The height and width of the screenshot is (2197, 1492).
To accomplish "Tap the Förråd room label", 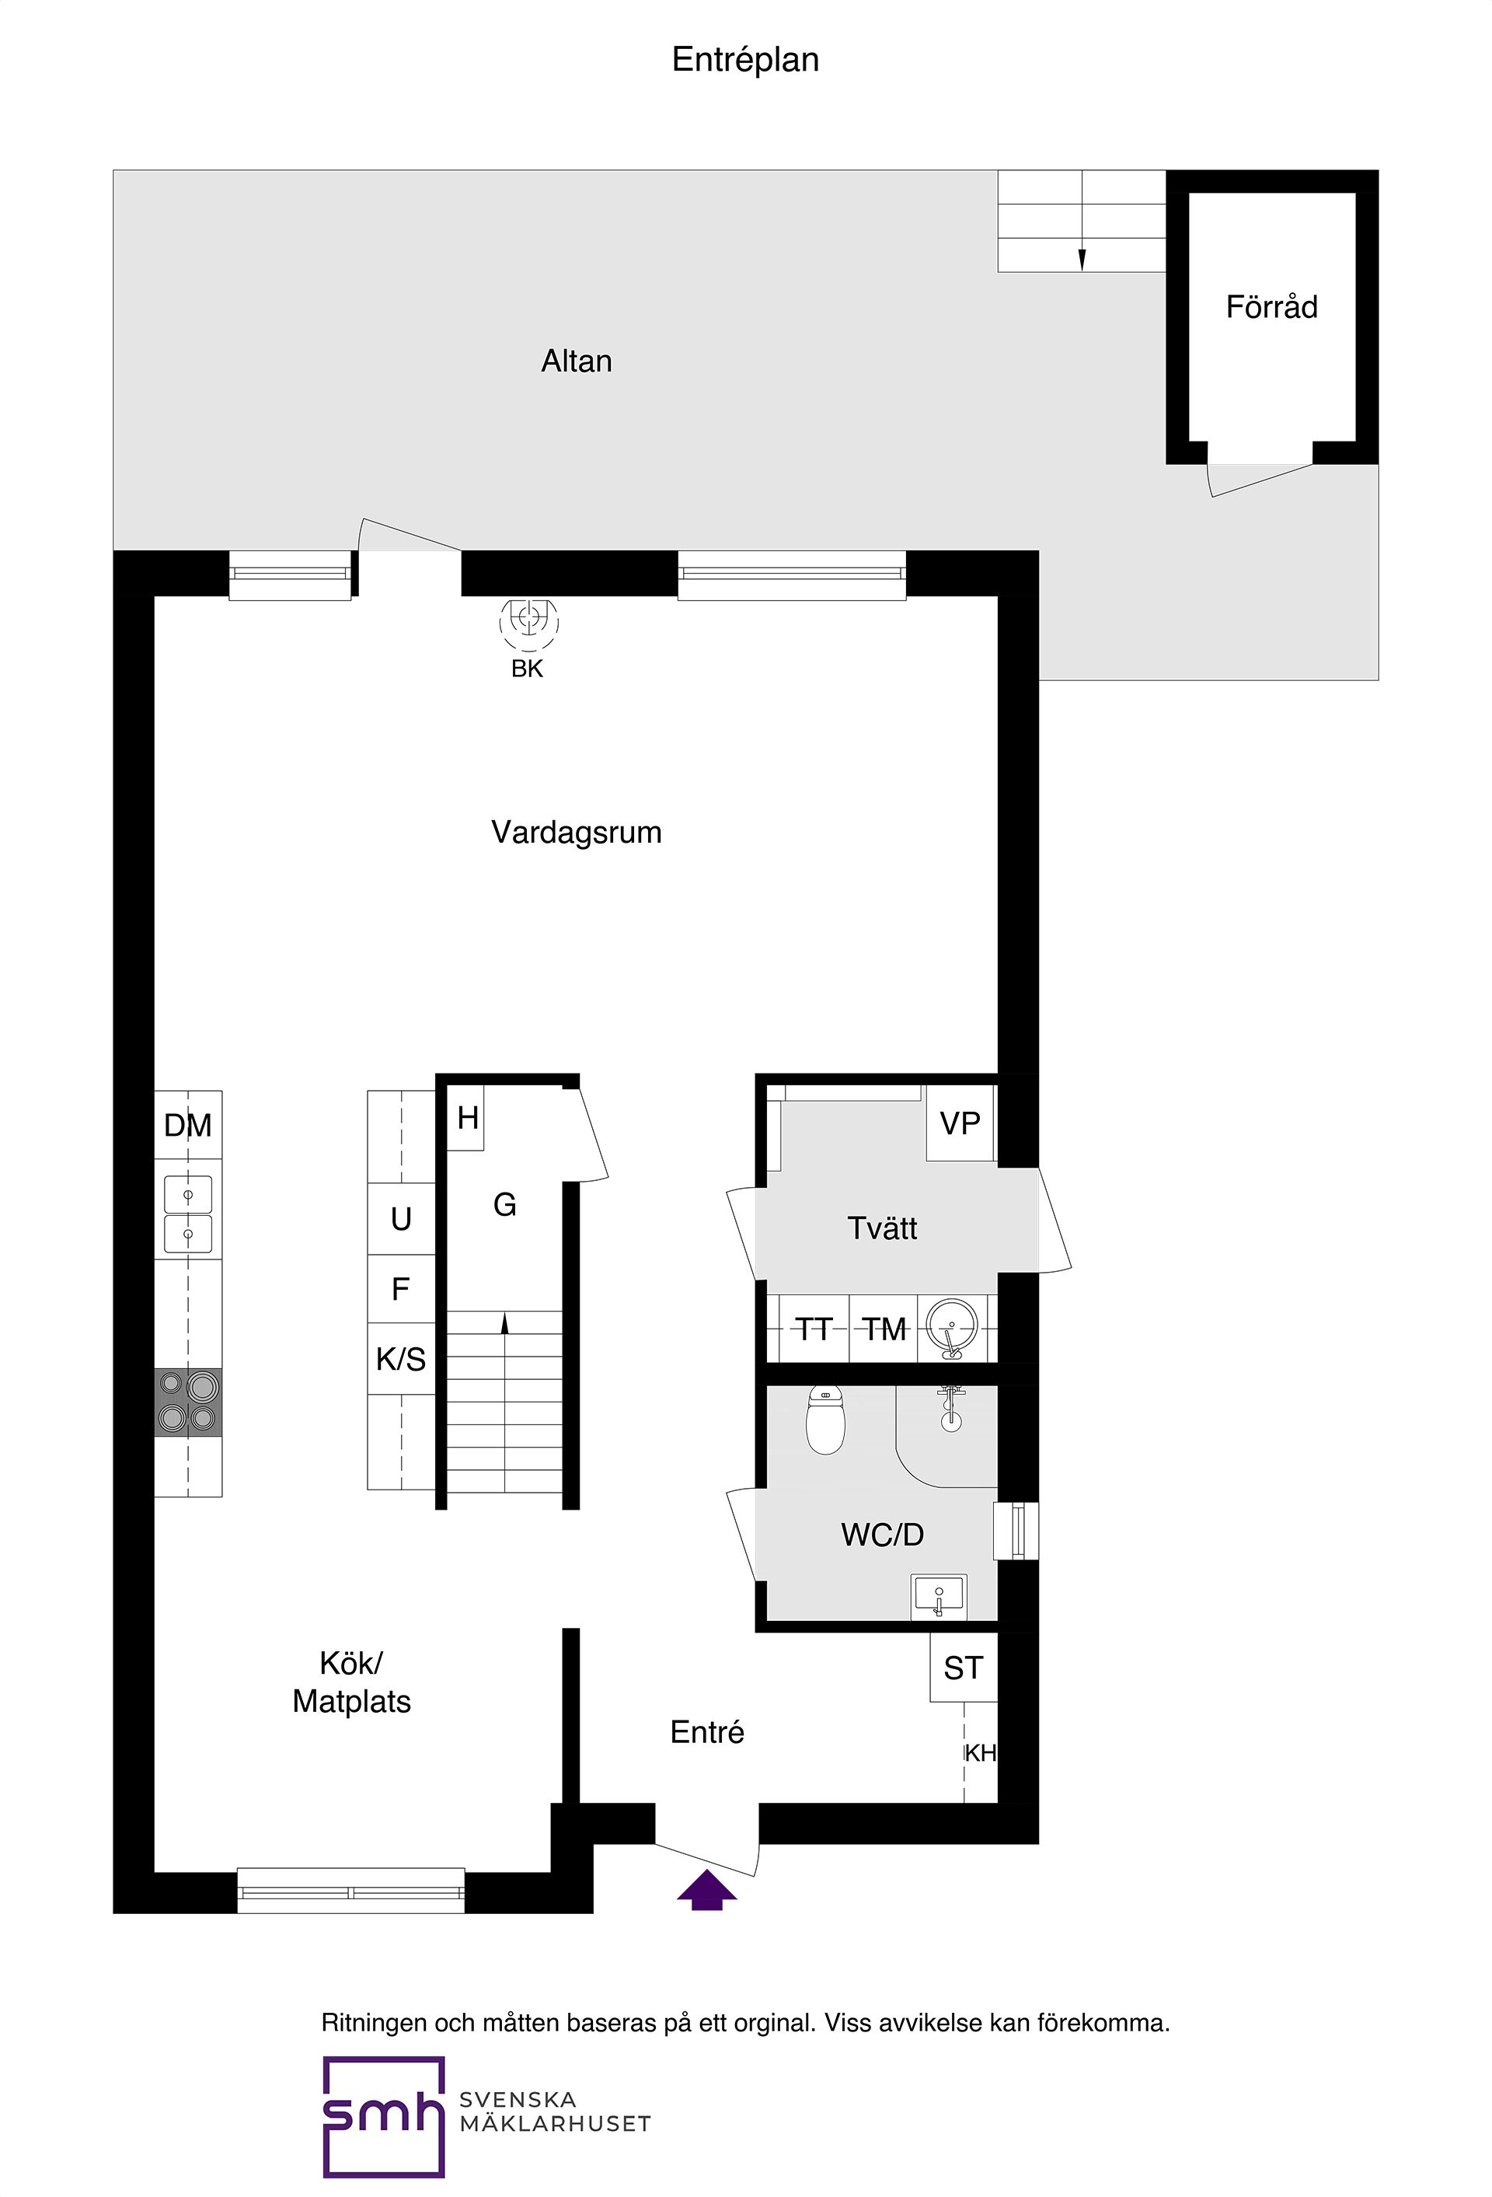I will click(x=1271, y=307).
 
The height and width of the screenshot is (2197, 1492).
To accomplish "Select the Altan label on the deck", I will click(x=577, y=362).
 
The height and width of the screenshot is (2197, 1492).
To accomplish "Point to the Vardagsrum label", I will click(x=577, y=832).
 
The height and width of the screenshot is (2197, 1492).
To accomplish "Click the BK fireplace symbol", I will click(x=528, y=620).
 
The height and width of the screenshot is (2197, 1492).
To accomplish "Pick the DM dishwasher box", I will click(x=188, y=1125).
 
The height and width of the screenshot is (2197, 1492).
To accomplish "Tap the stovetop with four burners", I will click(x=188, y=1402).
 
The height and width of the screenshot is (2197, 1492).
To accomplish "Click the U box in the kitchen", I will click(x=401, y=1218).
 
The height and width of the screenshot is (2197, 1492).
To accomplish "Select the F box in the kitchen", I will click(x=401, y=1288).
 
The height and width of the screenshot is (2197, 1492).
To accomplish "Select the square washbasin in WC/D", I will click(x=938, y=1596).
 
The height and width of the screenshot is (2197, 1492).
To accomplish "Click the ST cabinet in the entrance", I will click(x=963, y=1668).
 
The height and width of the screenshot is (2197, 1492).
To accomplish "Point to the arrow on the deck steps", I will click(x=1082, y=257).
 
